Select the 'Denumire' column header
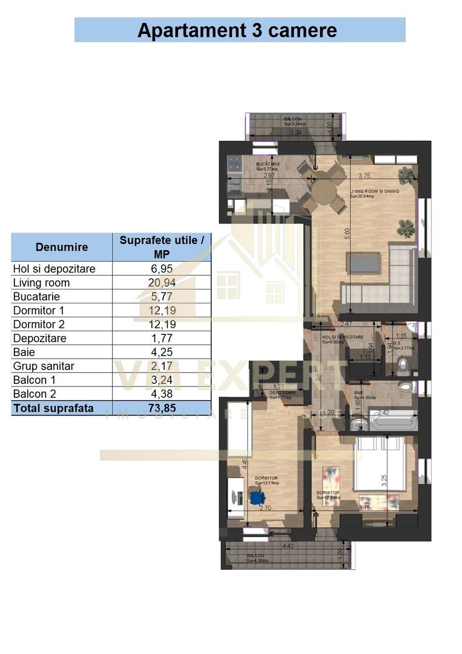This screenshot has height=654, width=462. [x=62, y=247]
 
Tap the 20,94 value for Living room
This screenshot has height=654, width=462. [x=162, y=283]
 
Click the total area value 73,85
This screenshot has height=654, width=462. [x=162, y=408]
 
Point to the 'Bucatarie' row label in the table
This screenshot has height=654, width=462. [x=37, y=297]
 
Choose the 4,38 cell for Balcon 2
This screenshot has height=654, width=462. [x=162, y=394]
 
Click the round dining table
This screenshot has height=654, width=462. [x=324, y=192]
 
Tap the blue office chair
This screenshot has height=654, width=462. [x=257, y=498]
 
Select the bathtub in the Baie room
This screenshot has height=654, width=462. [x=393, y=421]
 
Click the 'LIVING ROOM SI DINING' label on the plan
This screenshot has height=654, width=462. [x=374, y=192]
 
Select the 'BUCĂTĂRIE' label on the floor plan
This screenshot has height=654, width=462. [x=268, y=164]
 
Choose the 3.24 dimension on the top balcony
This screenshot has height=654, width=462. [x=295, y=133]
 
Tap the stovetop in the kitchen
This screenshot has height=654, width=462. [x=234, y=162]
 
